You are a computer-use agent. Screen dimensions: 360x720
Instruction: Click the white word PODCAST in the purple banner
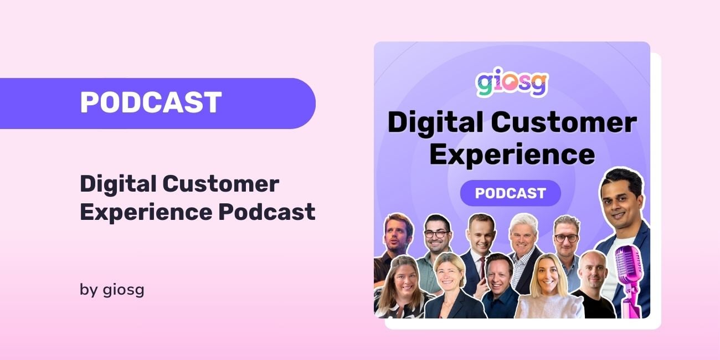[151, 103]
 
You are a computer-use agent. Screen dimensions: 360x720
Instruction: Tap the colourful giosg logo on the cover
[512, 84]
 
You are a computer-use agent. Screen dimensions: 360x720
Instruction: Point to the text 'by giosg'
[112, 290]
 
